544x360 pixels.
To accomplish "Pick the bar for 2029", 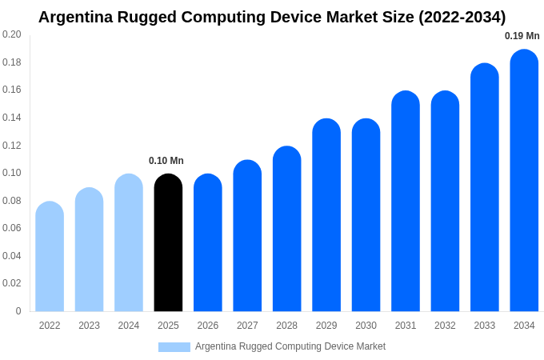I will tap(326, 215).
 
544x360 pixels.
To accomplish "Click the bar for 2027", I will tap(247, 236).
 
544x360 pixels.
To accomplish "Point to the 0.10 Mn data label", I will tap(166, 161).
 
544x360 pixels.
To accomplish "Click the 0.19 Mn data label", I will tap(522, 36).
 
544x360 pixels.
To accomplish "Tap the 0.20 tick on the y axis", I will tap(12, 34).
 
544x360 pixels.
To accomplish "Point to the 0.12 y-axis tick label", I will tap(12, 146).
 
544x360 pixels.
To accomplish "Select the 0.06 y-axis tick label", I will tap(12, 228).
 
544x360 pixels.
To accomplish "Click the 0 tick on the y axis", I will tap(18, 311).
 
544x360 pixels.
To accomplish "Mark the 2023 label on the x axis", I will tap(89, 326).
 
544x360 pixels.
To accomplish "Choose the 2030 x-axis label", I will tap(366, 326).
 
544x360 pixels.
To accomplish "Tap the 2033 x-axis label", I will tap(485, 326).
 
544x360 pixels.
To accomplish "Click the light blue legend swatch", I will tap(174, 347).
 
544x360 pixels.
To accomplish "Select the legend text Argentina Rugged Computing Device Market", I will tap(290, 346).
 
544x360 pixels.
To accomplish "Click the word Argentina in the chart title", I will tap(78, 17).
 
